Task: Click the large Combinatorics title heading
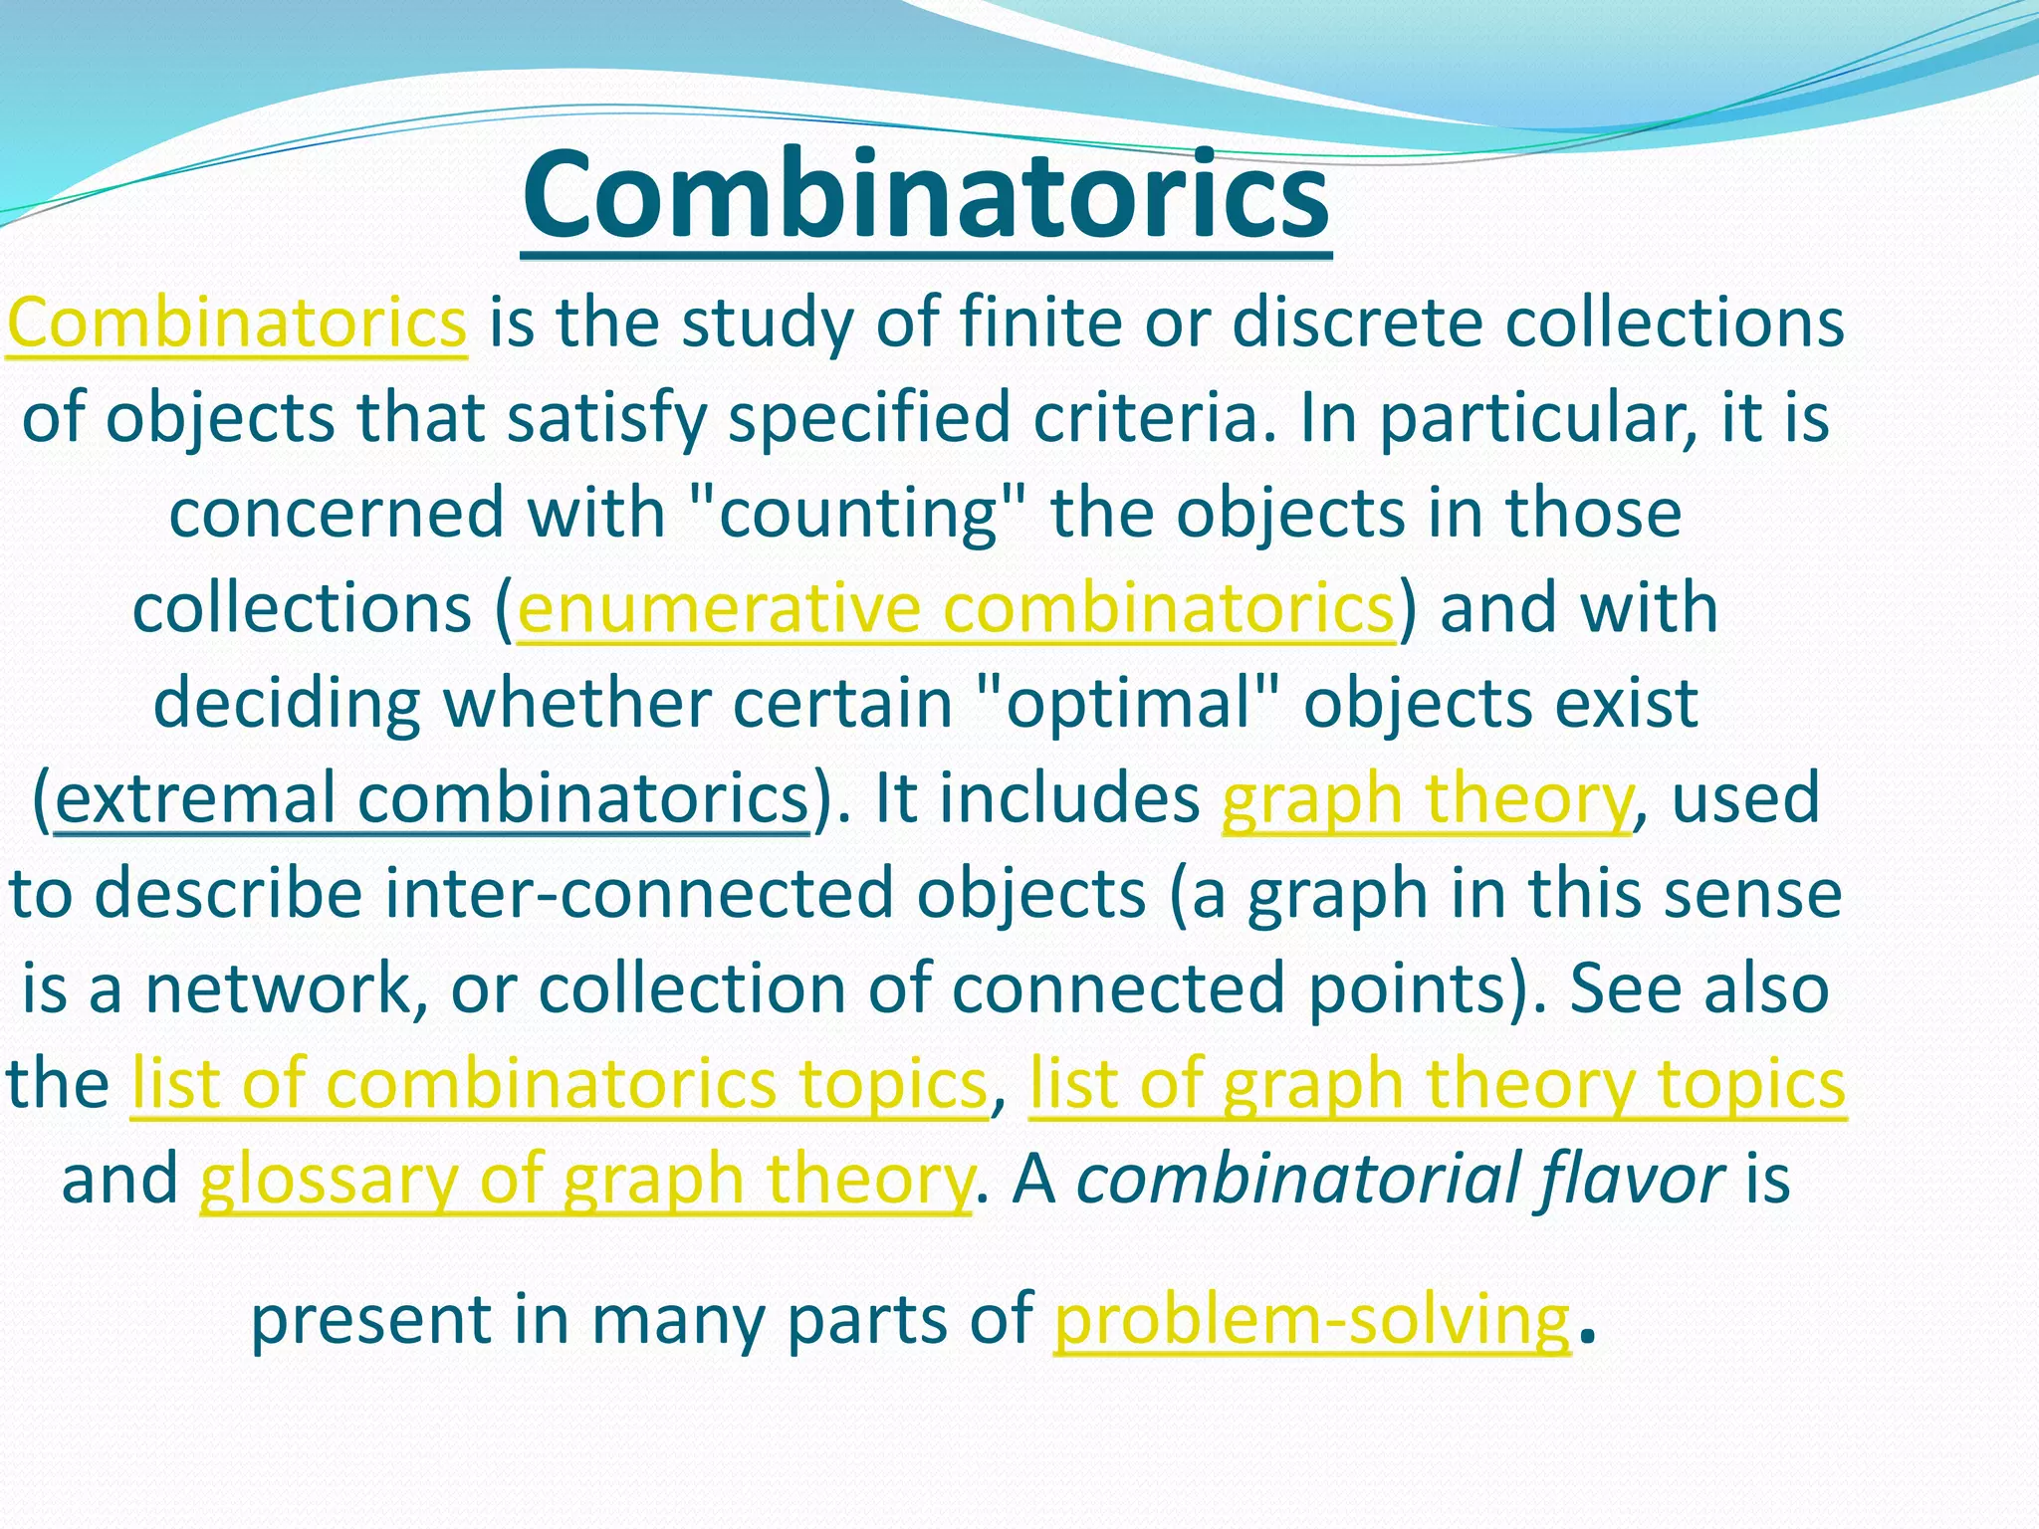926,195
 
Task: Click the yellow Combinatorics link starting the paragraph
236,323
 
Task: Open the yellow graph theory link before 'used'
1427,798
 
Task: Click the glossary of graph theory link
584,1179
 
